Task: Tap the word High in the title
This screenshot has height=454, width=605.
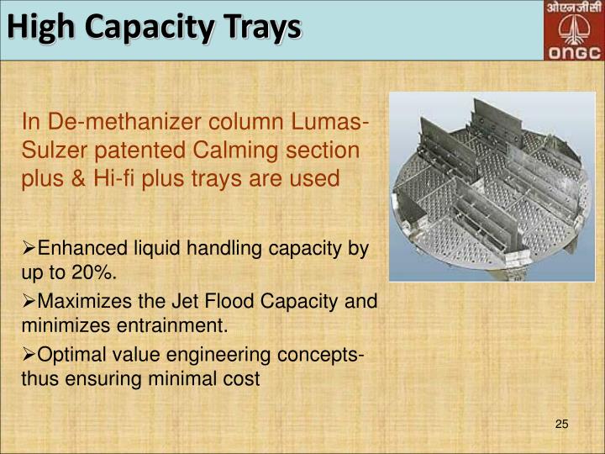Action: coord(43,28)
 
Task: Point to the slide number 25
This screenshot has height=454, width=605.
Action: coord(562,423)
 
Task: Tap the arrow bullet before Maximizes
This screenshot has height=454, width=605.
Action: coord(29,301)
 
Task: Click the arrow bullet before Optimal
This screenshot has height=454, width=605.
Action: coord(29,353)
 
